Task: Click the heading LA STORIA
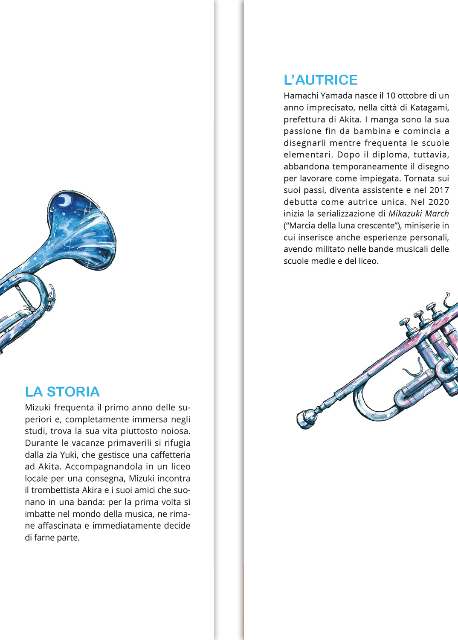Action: coord(62,392)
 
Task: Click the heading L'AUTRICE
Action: coord(321,80)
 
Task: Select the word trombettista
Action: coord(55,490)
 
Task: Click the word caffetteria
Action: coord(170,455)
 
